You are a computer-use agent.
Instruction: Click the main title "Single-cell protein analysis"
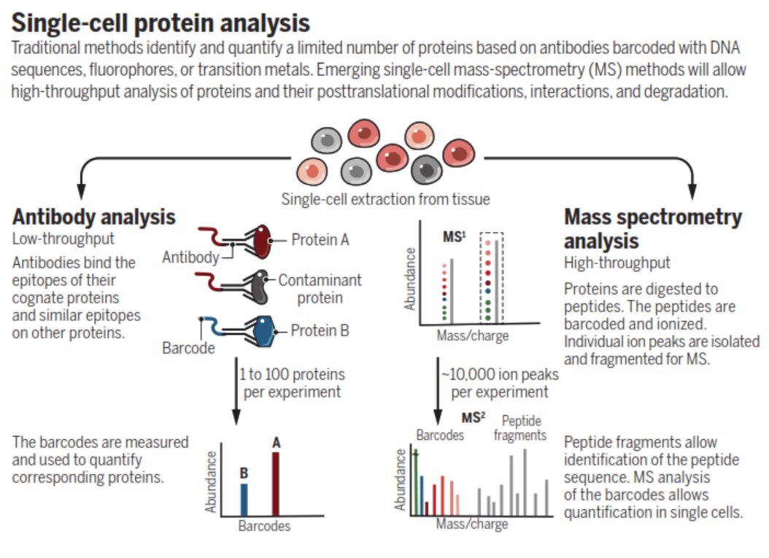pos(161,23)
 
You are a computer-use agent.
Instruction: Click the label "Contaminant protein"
pos(320,288)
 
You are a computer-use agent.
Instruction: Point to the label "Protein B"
pos(320,330)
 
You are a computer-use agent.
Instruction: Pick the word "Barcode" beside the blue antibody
pos(188,348)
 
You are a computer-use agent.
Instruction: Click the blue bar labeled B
pos(244,498)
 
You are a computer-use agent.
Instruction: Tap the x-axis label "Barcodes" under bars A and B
pos(264,526)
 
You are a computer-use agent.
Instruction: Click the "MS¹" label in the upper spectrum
pos(455,237)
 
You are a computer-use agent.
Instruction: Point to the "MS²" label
pos(474,418)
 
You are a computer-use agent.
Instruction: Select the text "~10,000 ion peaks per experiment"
pos(500,383)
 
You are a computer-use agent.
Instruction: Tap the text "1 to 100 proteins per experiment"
pos(292,383)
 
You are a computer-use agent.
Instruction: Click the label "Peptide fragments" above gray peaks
pos(519,428)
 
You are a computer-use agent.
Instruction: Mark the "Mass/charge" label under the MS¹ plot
pos(472,336)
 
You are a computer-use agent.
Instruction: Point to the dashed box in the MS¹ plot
pos(491,277)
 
